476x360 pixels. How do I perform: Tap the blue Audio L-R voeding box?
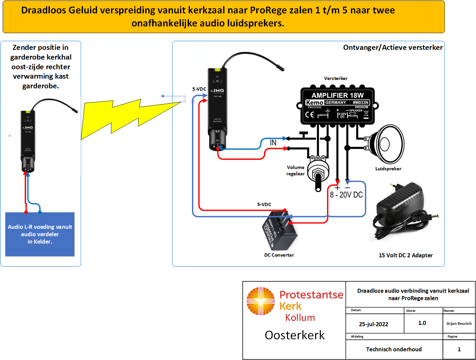pos(40,234)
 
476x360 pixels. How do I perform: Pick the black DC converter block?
pos(279,231)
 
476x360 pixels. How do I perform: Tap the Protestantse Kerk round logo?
pos(261,301)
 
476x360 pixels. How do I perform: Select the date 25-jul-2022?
pos(373,324)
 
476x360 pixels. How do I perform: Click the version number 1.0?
pos(422,323)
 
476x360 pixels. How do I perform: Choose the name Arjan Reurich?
pos(459,324)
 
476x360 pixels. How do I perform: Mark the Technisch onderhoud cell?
pos(394,349)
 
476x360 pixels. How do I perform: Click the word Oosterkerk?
pos(295,335)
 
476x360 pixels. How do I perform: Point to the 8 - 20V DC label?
pos(346,195)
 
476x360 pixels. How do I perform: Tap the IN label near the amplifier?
pos(273,143)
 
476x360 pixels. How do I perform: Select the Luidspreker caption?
pos(388,169)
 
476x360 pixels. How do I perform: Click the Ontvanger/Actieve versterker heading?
pos(393,48)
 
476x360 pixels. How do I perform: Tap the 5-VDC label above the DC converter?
pos(264,204)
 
